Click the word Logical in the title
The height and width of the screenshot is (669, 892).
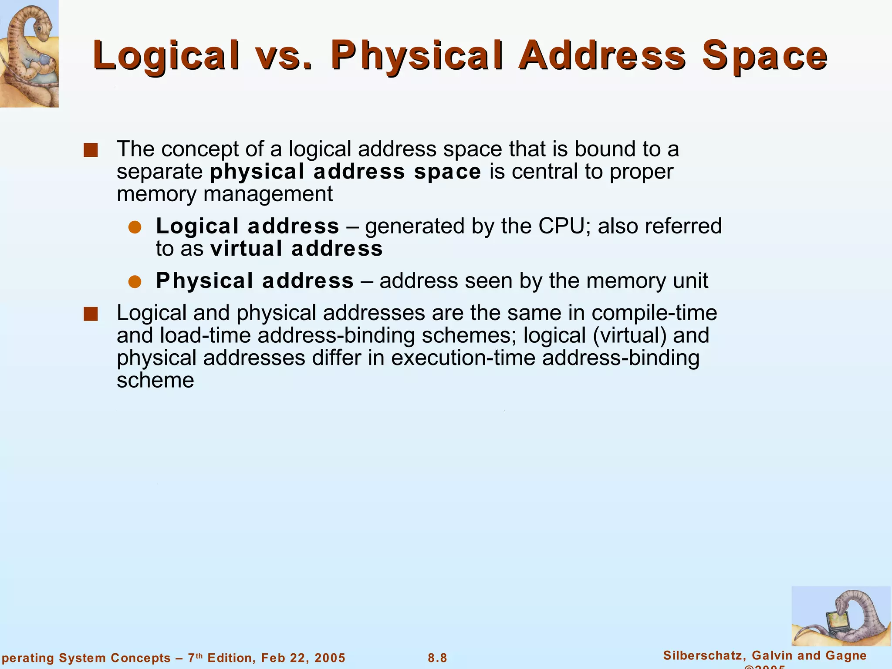pos(166,55)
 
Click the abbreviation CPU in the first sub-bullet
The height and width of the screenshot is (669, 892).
pos(562,226)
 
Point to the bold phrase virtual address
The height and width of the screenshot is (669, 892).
pos(296,249)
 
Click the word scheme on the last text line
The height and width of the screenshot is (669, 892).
pos(155,380)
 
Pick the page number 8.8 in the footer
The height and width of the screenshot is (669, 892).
pos(437,658)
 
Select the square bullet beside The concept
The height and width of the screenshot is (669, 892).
pos(91,150)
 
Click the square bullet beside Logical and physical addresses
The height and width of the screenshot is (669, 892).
pos(91,314)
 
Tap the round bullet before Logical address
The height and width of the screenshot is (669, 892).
pos(135,227)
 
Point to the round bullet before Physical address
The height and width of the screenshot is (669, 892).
pos(135,282)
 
